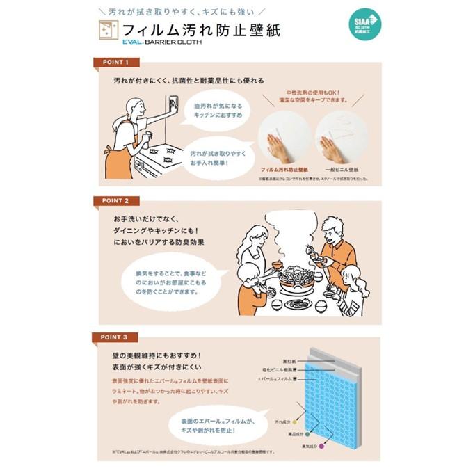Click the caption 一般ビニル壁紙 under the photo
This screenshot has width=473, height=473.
coord(341,169)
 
